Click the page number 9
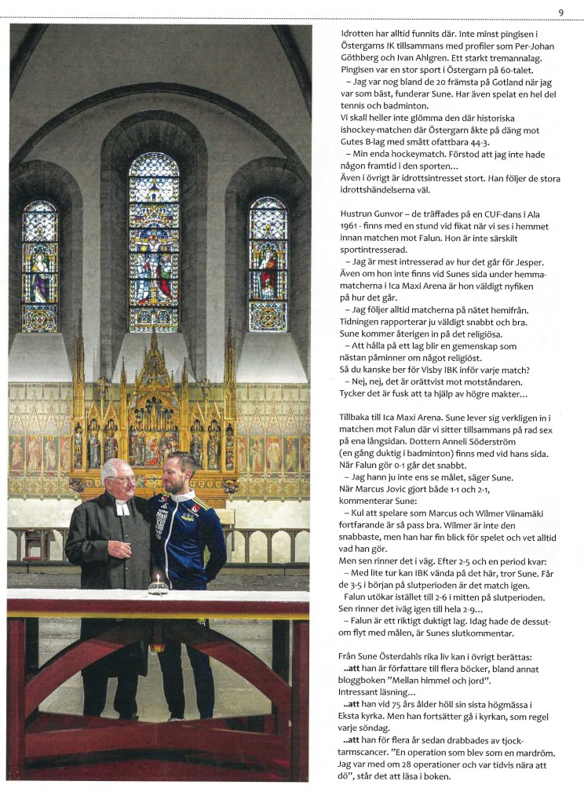(561, 12)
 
